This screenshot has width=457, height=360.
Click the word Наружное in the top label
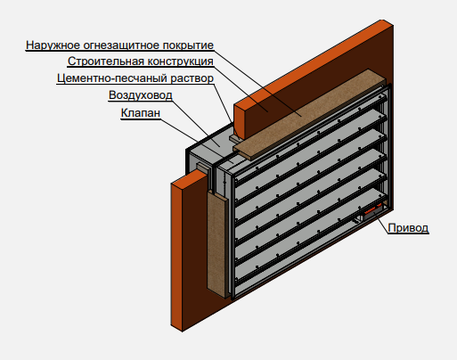click(53, 45)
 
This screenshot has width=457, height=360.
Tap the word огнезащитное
click(122, 45)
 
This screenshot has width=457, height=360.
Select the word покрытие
click(188, 45)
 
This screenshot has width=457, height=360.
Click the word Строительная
click(106, 61)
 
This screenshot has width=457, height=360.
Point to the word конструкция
click(181, 61)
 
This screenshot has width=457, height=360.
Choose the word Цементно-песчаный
click(112, 78)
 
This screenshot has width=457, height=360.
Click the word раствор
click(192, 78)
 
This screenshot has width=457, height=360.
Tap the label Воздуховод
click(141, 95)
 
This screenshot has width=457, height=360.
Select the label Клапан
click(141, 113)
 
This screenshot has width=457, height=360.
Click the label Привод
click(408, 228)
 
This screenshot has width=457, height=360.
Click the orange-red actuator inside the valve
click(373, 209)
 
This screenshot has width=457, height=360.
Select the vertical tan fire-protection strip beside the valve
click(217, 243)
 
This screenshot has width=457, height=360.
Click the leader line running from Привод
click(382, 225)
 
